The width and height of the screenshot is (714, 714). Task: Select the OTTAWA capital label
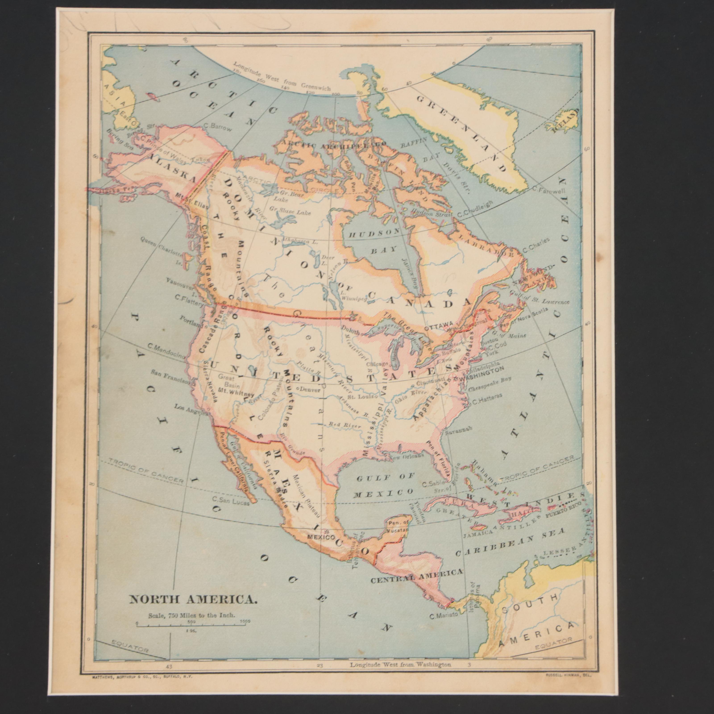[x=438, y=327]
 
